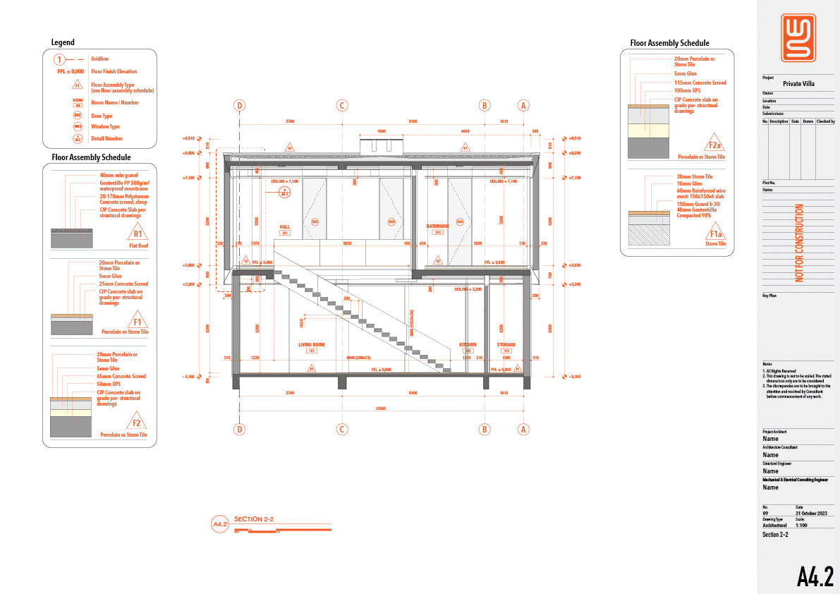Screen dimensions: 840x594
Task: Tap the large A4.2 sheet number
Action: (815, 576)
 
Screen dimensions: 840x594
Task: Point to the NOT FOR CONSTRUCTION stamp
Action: (799, 243)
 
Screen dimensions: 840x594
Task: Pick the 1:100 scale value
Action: (802, 525)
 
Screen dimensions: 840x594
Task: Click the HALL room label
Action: (285, 226)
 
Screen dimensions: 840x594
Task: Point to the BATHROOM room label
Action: (437, 226)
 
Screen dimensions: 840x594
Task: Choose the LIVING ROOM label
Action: (311, 344)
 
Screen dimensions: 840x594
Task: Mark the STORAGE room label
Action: (506, 344)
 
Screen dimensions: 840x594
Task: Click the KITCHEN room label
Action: (468, 344)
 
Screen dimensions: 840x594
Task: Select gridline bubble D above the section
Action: (240, 106)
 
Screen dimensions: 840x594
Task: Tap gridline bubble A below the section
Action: (523, 428)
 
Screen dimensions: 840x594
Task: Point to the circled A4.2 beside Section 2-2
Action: (220, 524)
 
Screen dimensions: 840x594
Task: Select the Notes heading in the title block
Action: (768, 364)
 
